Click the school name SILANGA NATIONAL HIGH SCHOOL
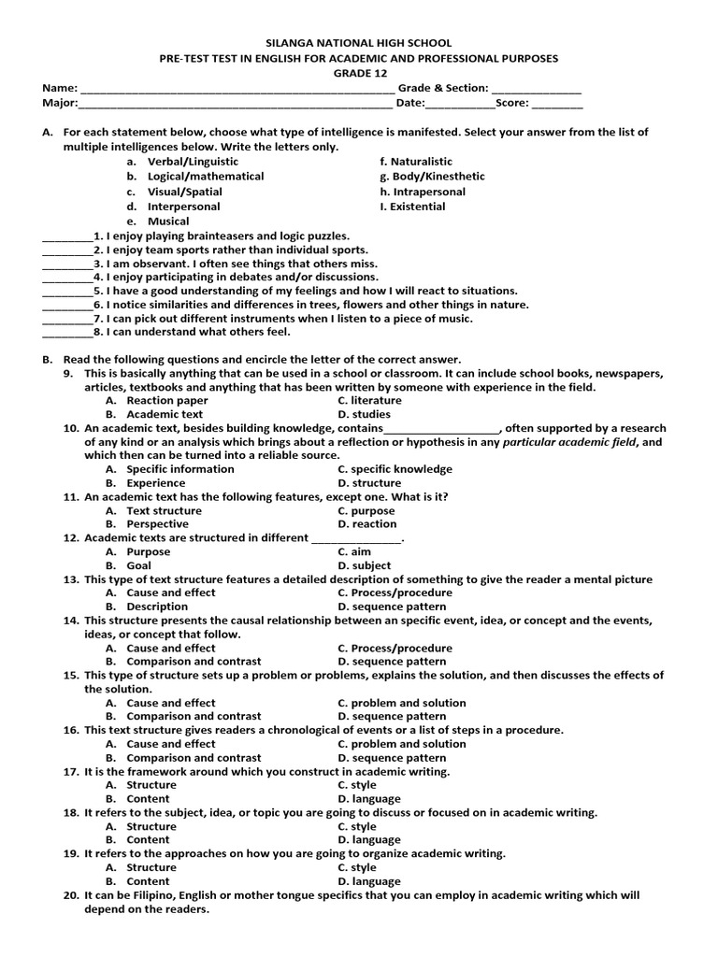click(x=359, y=43)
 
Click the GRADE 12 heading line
click(x=359, y=73)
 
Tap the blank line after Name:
click(x=237, y=90)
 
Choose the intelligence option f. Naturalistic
click(x=416, y=162)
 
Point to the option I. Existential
click(x=412, y=207)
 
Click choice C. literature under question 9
click(x=369, y=400)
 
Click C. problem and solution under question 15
click(x=401, y=703)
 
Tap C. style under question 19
click(x=357, y=867)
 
